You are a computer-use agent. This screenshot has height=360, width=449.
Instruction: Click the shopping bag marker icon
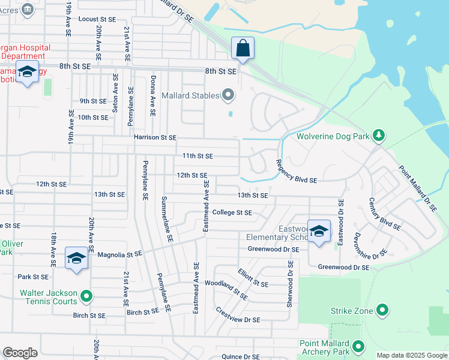pos(243,49)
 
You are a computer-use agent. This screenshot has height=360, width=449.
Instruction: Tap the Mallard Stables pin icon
pos(228,95)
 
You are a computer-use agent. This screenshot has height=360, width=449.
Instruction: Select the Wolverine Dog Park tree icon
pos(378,136)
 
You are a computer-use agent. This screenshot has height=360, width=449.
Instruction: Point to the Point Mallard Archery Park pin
pos(358,346)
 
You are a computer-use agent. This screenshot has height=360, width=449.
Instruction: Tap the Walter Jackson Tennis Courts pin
pos(86,296)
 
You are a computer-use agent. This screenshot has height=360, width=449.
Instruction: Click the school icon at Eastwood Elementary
pos(319,231)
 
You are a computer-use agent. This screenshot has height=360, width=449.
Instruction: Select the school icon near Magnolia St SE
pos(76,258)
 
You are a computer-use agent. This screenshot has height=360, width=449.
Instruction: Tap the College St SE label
pos(232,212)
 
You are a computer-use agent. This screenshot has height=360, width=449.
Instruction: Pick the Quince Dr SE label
pos(240,356)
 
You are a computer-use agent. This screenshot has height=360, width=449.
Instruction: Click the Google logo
pos(20,353)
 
